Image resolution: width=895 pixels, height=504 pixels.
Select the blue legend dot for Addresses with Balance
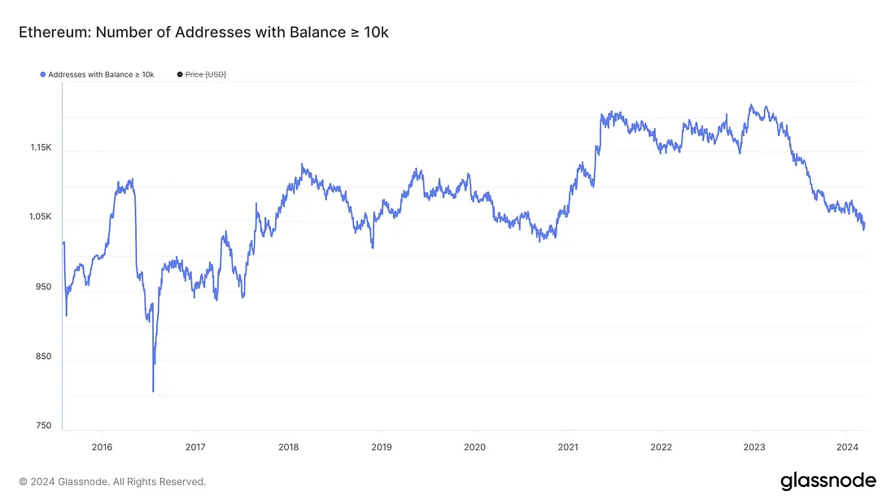(43, 75)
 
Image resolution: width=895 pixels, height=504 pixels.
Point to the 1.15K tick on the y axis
(41, 148)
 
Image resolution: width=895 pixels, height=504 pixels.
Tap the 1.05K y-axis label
(41, 217)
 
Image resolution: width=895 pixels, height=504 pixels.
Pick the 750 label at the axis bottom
(44, 426)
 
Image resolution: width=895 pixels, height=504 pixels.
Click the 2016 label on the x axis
(101, 446)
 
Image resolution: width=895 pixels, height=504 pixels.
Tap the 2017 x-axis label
(194, 446)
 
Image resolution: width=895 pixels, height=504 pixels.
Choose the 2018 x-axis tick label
(288, 446)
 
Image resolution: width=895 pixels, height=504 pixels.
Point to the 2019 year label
(382, 446)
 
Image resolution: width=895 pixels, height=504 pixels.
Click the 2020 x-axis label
(474, 446)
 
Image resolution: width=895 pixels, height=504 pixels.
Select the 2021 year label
(568, 446)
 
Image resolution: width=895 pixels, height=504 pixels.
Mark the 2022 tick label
(661, 446)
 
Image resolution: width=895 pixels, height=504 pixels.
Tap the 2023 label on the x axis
(755, 446)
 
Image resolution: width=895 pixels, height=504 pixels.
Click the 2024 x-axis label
(848, 446)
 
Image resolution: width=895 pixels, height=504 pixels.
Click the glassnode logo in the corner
(828, 480)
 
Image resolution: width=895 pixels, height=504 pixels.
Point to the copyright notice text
(112, 482)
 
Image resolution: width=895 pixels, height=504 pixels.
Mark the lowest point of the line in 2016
(153, 392)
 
